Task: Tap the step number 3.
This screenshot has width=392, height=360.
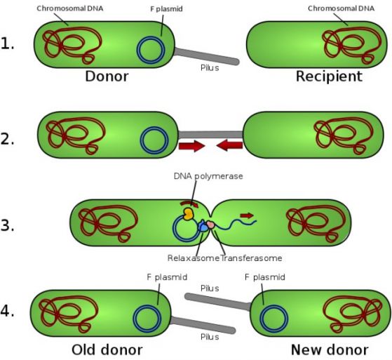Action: tap(7, 225)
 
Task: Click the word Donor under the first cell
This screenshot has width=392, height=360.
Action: tap(107, 76)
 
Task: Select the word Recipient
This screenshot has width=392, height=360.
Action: tap(329, 76)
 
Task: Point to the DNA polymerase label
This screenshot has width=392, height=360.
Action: tap(208, 176)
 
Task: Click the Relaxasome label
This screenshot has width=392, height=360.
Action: tap(194, 258)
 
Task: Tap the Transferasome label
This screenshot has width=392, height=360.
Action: tap(251, 258)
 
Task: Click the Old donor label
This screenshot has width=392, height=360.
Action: tap(107, 349)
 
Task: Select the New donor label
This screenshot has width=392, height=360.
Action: tap(330, 349)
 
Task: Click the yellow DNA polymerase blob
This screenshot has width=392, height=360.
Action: tap(189, 214)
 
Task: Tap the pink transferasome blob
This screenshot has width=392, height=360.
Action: tap(210, 225)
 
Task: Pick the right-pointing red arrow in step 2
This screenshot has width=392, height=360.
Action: tap(191, 146)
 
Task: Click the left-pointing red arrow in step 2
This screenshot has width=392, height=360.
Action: tap(229, 145)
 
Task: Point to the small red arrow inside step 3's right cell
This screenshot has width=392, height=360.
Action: tap(247, 215)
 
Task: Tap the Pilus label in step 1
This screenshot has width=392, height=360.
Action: tap(210, 68)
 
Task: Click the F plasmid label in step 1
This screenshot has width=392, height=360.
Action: tap(166, 8)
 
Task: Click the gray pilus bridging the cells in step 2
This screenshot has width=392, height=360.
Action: tap(210, 135)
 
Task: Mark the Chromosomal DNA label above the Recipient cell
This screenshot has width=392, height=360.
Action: tap(341, 8)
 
